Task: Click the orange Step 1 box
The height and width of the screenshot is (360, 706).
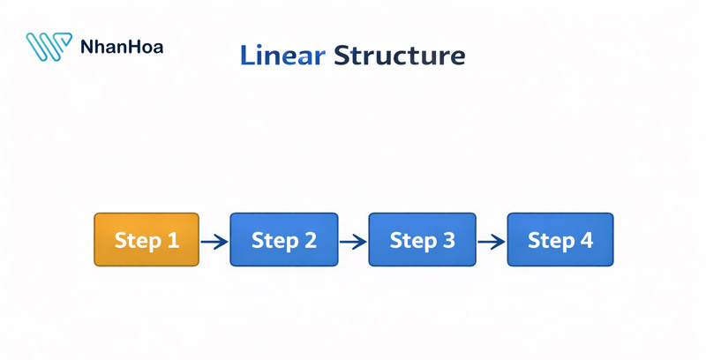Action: [146, 239]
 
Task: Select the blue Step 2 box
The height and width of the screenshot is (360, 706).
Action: [283, 239]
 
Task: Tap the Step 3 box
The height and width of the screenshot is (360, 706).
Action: [422, 239]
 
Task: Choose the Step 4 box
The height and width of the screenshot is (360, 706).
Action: [560, 239]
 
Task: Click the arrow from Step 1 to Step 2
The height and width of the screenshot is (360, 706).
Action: [214, 241]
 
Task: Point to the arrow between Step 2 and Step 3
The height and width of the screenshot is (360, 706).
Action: [353, 241]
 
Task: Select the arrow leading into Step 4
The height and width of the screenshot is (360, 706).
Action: [492, 241]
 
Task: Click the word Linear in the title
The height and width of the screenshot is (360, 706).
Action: [282, 56]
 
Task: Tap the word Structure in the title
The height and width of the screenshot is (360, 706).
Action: [398, 56]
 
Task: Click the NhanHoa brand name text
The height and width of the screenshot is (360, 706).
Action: [121, 47]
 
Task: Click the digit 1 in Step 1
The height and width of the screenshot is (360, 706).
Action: [172, 240]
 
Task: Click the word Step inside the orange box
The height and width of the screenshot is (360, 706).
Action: [136, 240]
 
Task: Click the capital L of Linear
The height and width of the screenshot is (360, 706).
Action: [247, 56]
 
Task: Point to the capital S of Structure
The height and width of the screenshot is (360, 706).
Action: [341, 56]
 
